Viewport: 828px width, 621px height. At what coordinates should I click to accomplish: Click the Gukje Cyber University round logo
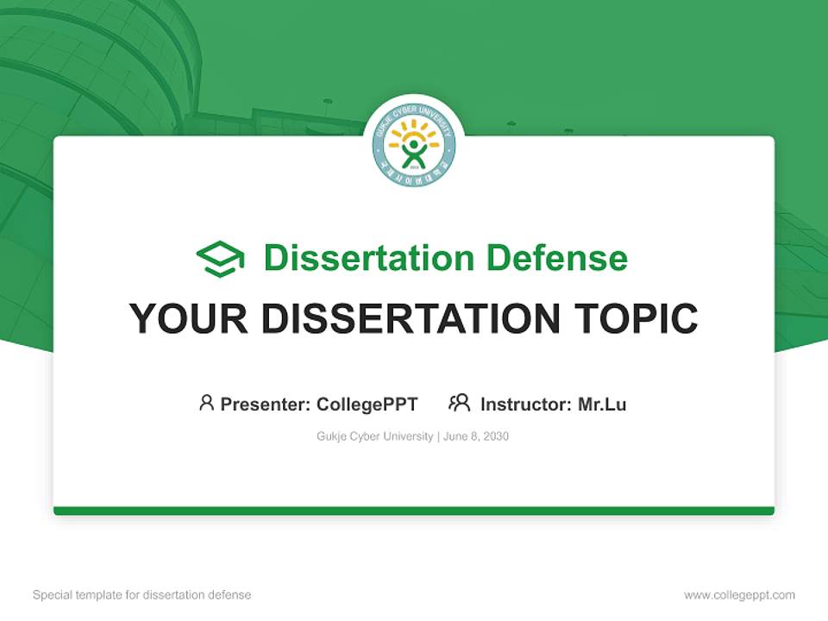tap(414, 145)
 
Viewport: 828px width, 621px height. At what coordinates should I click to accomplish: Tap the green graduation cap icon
tap(220, 258)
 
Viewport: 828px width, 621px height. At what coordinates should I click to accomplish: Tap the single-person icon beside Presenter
tap(206, 403)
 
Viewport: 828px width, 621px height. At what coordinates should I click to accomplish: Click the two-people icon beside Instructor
tap(459, 403)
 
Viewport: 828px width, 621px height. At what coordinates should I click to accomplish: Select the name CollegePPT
tap(367, 404)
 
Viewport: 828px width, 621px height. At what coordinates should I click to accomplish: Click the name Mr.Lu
tap(602, 404)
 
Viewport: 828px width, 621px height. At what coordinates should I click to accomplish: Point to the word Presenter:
tap(266, 404)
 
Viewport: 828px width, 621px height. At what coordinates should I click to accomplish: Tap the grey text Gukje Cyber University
tap(375, 436)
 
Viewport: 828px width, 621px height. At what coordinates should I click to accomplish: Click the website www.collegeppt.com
tap(739, 595)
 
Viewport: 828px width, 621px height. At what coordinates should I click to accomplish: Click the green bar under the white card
tap(414, 511)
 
